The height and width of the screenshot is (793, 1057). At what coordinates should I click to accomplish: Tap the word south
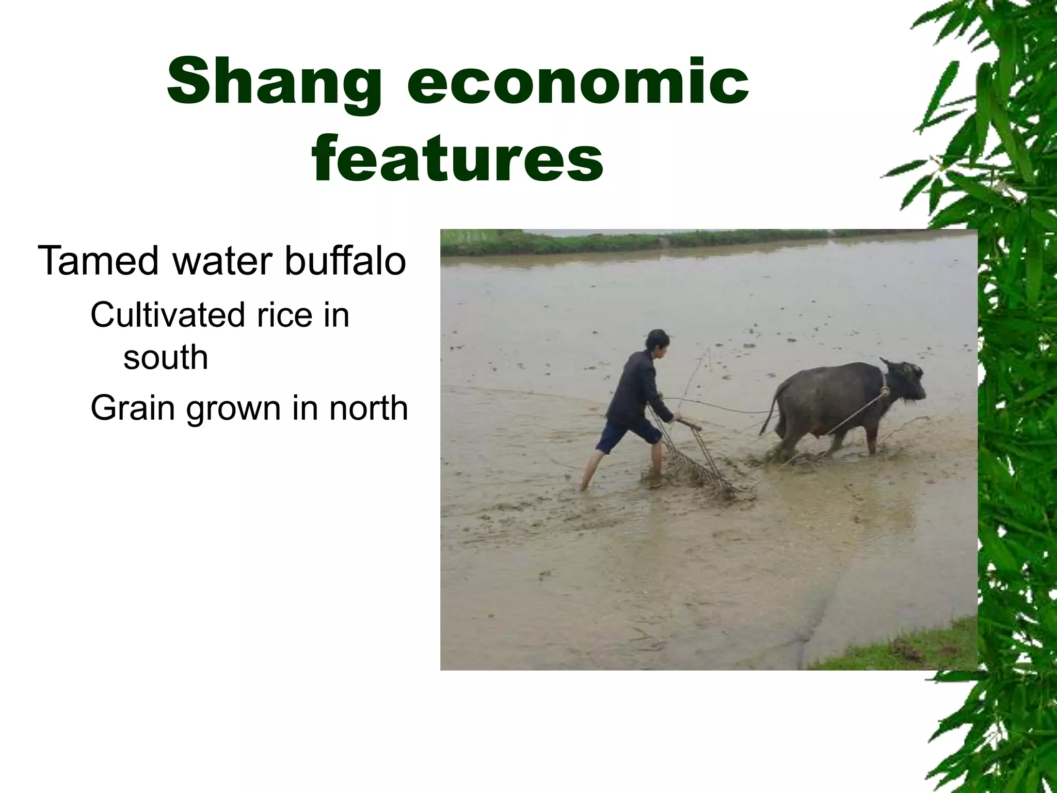pos(165,357)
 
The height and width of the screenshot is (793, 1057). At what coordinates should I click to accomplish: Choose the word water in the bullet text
pos(228,261)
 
